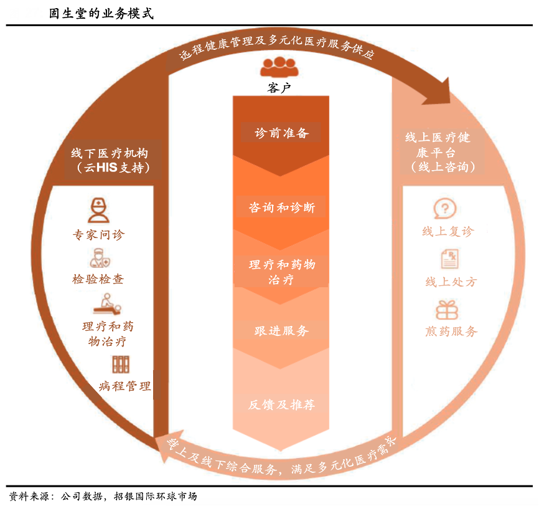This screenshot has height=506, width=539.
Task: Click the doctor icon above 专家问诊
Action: (98, 211)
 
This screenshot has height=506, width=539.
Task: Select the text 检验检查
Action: (98, 279)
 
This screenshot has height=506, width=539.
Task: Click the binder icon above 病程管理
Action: (120, 365)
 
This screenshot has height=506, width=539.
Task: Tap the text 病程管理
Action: (124, 386)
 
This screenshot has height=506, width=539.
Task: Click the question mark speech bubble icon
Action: (444, 208)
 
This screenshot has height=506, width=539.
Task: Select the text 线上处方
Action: (451, 282)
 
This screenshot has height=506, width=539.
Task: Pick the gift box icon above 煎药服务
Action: (446, 310)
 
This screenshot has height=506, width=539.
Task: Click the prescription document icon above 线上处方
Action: (449, 259)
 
